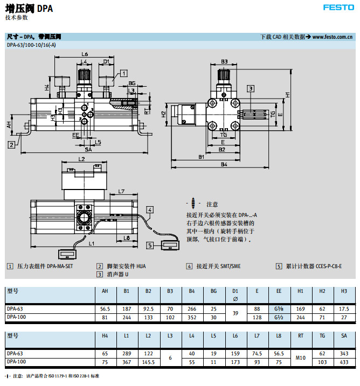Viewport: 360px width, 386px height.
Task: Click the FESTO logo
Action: coord(338,8)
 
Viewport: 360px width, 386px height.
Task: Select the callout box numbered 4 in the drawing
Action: coord(150,209)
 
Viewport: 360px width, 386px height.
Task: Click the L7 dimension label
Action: coord(121,192)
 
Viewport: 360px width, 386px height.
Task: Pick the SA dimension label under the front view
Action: coord(88,149)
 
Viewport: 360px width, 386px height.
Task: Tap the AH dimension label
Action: coord(9,124)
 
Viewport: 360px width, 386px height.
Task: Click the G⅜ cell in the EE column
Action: coord(279,309)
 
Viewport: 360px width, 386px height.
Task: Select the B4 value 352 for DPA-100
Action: coord(191,317)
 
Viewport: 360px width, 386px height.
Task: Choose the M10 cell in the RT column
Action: coord(300,357)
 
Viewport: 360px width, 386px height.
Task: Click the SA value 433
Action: coord(344,362)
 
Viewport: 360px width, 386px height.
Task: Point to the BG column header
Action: coord(213,291)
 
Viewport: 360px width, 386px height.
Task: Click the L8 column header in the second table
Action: coord(279,336)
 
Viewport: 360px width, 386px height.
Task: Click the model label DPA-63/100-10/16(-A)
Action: coord(31,45)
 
